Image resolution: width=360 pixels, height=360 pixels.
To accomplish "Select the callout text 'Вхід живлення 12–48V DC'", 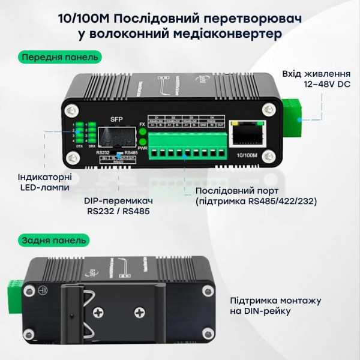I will click(x=316, y=79).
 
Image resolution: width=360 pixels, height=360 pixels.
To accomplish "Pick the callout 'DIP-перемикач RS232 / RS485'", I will click(x=118, y=206).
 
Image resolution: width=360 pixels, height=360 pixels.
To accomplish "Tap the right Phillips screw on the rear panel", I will click(x=140, y=313).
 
